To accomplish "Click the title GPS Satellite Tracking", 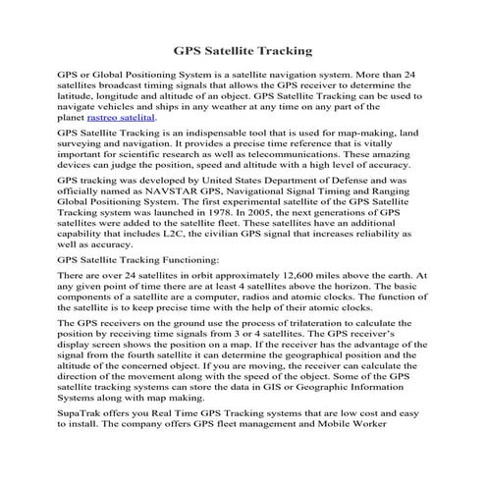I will pos(243,48).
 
